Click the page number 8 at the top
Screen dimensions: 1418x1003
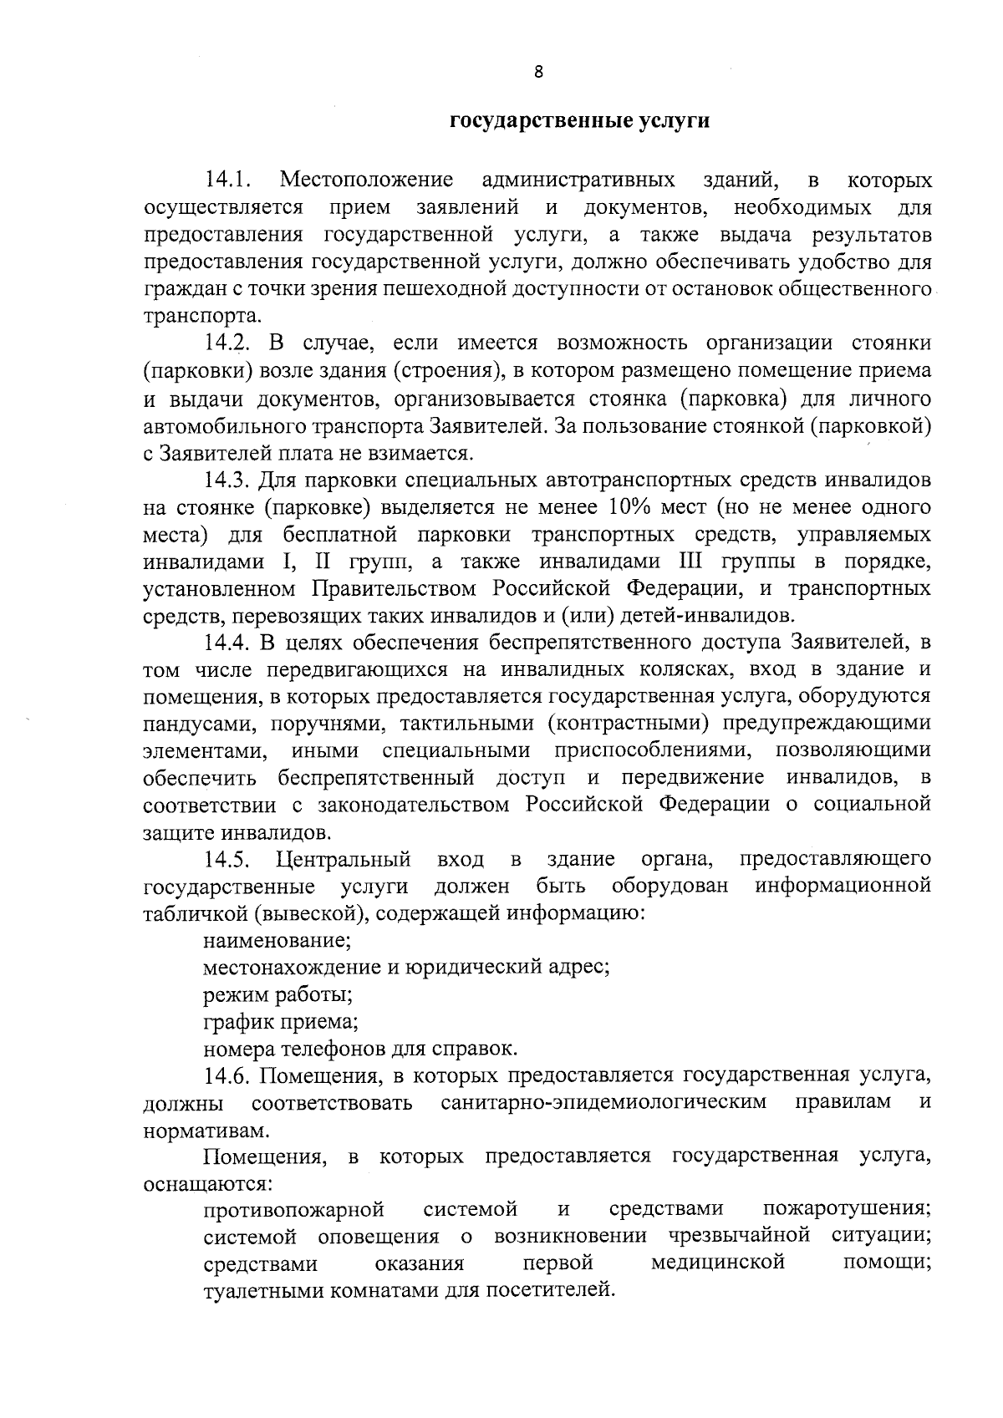coord(538,72)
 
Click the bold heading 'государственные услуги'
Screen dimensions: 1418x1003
coord(579,121)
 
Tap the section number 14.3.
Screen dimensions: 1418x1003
coord(228,480)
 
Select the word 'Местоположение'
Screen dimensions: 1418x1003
coord(367,180)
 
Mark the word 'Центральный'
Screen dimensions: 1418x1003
coord(344,859)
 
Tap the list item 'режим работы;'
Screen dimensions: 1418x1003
coord(277,995)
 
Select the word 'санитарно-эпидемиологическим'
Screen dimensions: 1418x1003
coord(603,1102)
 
